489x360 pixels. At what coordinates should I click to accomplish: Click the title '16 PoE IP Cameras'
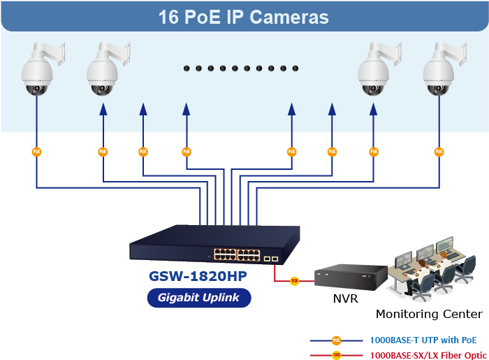244,17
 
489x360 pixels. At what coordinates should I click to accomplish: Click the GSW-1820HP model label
198,276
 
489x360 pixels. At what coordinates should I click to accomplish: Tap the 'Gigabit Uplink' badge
199,297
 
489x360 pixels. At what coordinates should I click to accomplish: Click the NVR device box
350,277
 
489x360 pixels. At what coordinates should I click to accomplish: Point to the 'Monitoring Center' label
429,314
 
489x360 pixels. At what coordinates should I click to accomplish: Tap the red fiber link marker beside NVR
295,281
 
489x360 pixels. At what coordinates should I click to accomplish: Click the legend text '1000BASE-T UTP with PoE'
423,340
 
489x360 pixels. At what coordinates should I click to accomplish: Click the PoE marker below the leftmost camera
37,151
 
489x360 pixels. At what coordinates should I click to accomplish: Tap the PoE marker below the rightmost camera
439,151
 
